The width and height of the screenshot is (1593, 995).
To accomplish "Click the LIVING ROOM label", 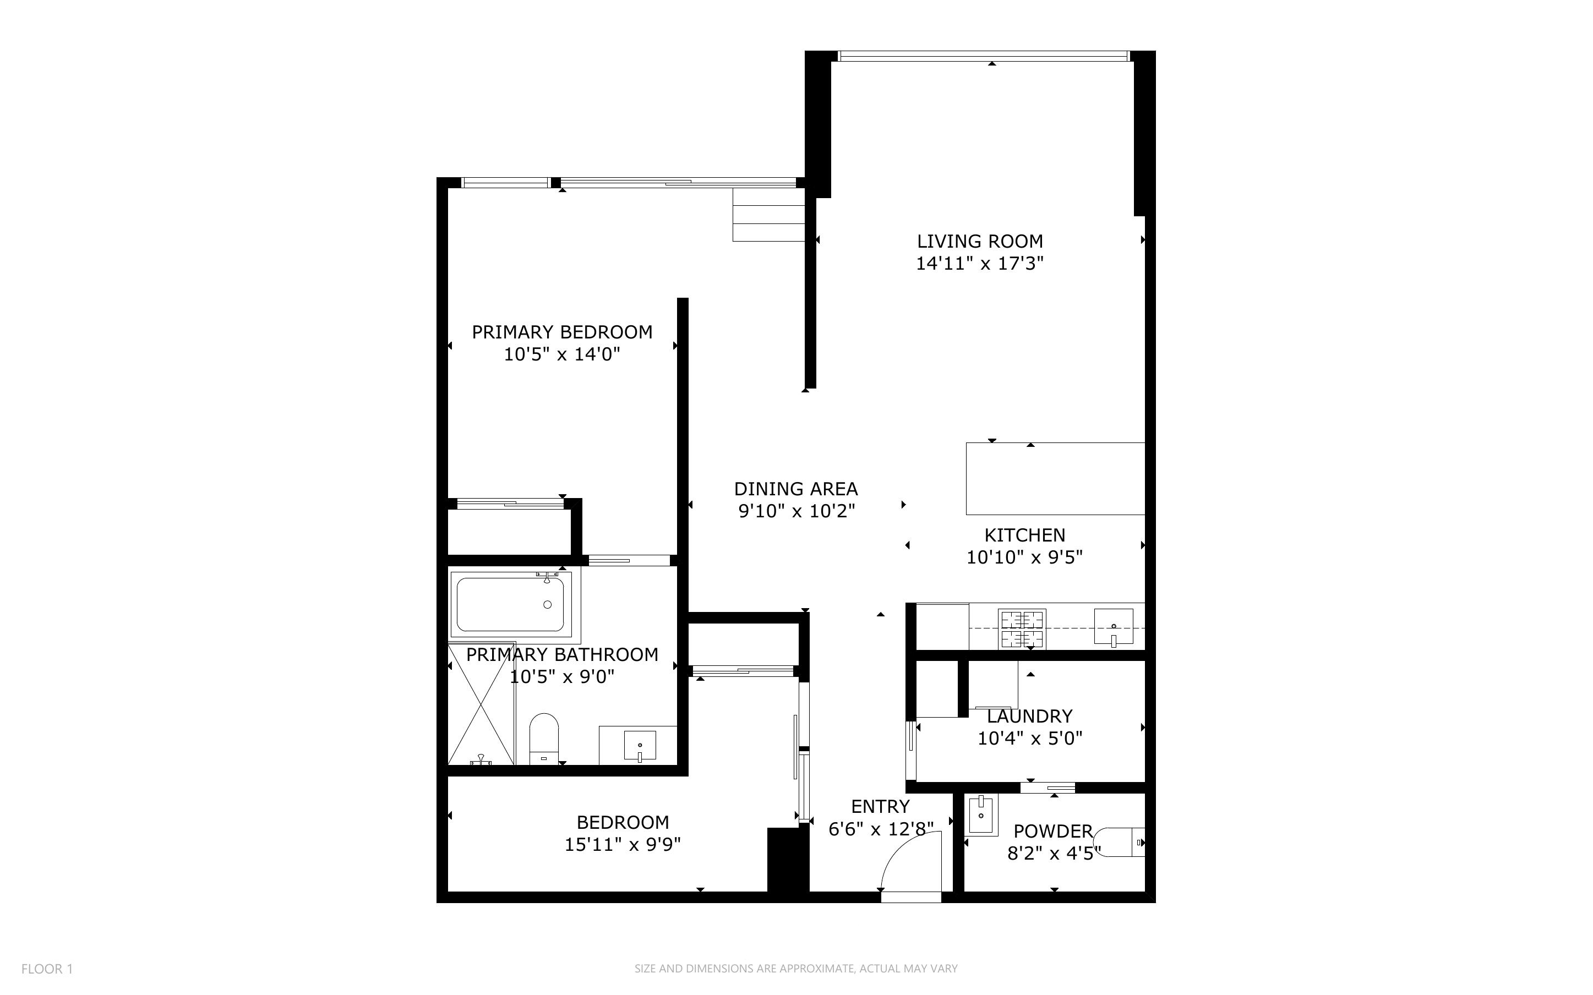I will coord(980,242).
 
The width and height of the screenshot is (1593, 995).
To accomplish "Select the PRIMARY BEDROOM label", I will coord(562,332).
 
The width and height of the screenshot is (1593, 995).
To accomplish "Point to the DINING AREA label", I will coord(795,489).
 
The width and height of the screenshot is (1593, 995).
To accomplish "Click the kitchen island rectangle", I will coord(1055,478).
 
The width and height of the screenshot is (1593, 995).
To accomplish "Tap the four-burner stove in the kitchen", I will coord(1022,628).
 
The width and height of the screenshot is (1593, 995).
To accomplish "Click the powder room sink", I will coord(981,814).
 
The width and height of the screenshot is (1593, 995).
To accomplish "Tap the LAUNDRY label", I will coord(1029,716).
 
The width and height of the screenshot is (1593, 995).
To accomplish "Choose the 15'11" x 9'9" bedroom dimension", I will coord(623,844).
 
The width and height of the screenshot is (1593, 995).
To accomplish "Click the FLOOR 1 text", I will coord(47,969).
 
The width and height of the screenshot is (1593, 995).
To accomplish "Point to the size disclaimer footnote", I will coord(795,969).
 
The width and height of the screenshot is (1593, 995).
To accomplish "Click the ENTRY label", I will coord(880,807).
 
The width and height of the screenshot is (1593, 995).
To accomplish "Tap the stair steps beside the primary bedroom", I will coord(768,215).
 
